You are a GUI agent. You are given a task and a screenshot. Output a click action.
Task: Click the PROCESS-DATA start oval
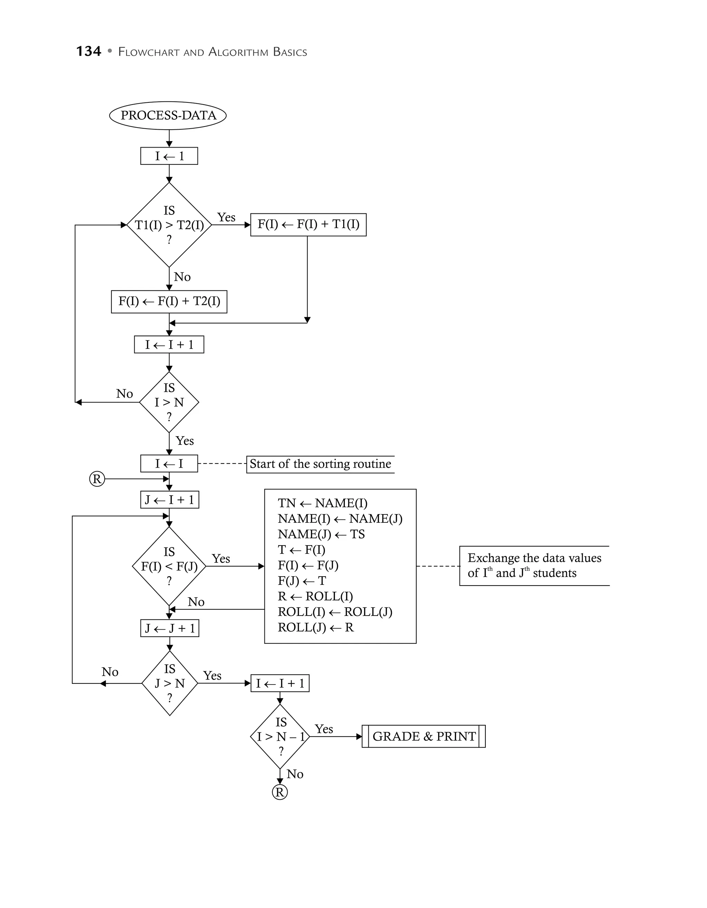click(x=168, y=115)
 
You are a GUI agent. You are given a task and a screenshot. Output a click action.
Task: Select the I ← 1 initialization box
click(x=169, y=156)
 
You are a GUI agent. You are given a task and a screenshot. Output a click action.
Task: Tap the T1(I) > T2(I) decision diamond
click(x=169, y=225)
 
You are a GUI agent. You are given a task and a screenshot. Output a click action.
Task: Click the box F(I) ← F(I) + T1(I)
click(x=308, y=224)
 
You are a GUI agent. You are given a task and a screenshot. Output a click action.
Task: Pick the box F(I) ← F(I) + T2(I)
click(x=169, y=301)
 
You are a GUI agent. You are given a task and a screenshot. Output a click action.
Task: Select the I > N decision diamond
click(x=169, y=402)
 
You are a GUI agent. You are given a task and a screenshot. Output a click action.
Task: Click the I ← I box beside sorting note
click(x=169, y=463)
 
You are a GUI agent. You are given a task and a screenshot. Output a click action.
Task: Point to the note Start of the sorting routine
click(x=320, y=464)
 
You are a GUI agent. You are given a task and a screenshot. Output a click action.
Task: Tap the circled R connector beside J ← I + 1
click(x=97, y=479)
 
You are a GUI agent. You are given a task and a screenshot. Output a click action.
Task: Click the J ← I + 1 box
click(x=170, y=500)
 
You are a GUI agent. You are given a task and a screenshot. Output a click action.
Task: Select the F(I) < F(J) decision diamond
click(x=169, y=566)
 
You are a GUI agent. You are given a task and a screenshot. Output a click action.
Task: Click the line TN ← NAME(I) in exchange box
click(x=322, y=503)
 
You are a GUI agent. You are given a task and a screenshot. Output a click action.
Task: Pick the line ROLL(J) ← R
click(x=316, y=627)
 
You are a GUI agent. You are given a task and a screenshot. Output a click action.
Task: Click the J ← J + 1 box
click(x=170, y=628)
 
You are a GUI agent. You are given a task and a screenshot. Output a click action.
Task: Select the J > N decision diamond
click(x=170, y=683)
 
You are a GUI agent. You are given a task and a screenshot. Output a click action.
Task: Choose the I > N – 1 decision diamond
click(x=280, y=737)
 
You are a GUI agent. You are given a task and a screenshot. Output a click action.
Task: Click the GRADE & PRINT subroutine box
click(x=424, y=736)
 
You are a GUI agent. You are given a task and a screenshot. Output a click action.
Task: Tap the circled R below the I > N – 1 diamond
click(x=280, y=792)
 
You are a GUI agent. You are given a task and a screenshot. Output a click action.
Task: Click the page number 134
click(x=89, y=51)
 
